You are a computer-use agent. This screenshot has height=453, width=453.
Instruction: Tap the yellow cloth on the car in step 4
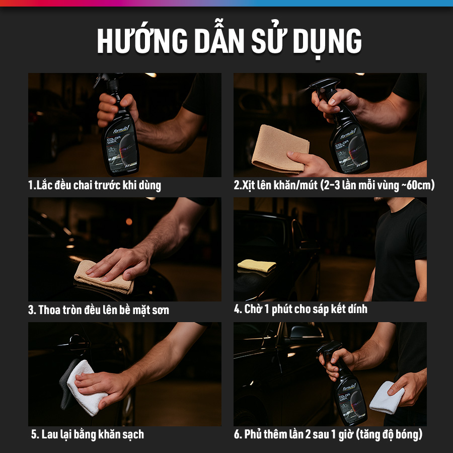[x=257, y=265]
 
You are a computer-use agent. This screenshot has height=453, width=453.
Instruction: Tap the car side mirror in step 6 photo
[x=306, y=332]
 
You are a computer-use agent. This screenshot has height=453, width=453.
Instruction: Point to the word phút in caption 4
[x=281, y=310]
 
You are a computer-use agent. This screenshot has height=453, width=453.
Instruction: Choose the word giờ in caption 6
[x=345, y=435]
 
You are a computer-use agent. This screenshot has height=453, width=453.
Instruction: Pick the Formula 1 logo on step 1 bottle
[x=121, y=130]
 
